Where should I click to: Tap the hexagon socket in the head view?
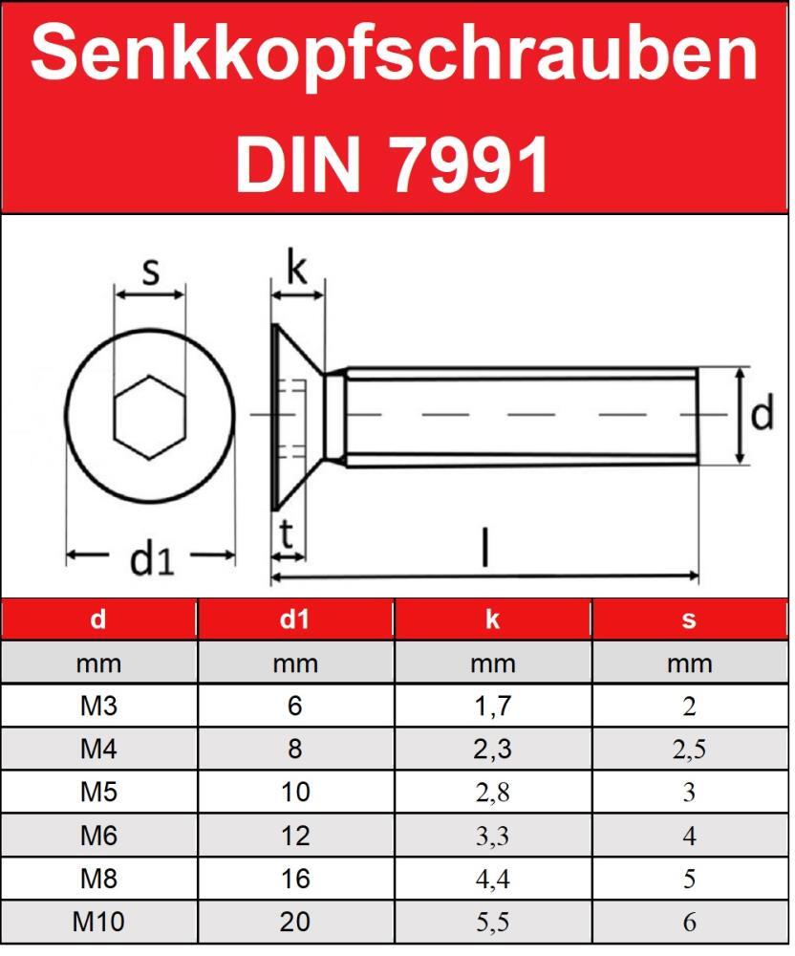pos(149,415)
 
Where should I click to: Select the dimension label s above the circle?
pos(150,272)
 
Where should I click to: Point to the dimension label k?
pos(297,269)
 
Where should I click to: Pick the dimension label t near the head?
pos(286,536)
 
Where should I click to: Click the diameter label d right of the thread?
pos(762,416)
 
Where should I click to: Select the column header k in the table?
pos(492,619)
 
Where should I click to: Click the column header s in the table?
pos(689,619)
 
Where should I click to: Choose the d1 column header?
pos(294,619)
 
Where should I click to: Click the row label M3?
pos(98,706)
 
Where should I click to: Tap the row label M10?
pos(98,923)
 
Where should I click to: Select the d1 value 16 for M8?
pos(294,880)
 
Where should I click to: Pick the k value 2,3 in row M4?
pos(492,750)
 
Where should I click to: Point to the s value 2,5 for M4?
pos(689,750)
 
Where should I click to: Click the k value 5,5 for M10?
pos(492,923)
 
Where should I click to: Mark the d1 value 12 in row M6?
pos(294,836)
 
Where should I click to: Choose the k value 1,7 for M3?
pos(492,706)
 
